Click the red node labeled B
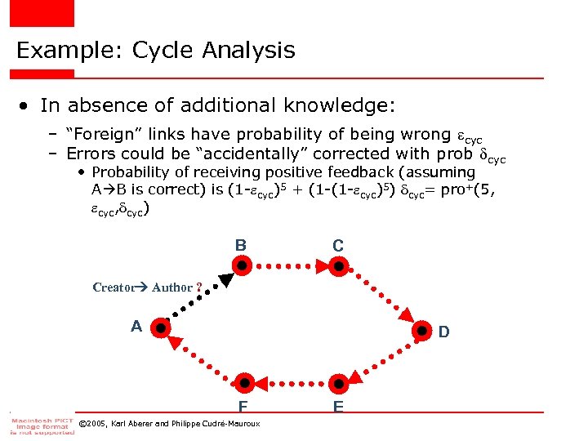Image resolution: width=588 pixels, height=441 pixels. point(242,265)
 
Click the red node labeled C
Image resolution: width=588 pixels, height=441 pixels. point(338,265)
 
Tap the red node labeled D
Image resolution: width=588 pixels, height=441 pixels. point(422,331)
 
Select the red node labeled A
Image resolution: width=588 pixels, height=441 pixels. point(162,328)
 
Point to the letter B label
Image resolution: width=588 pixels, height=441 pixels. point(241,245)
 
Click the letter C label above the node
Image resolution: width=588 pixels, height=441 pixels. point(338,245)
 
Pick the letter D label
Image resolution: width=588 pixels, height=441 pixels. point(443,332)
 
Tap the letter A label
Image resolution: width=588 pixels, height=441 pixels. point(137,327)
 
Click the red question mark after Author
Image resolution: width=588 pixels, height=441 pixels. point(198,287)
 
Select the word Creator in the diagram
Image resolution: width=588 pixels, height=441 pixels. point(113,287)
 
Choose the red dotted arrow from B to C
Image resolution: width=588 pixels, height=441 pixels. point(290,265)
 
